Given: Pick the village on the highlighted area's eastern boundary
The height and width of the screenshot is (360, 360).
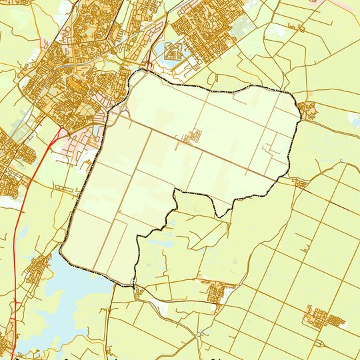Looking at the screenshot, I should [308, 110].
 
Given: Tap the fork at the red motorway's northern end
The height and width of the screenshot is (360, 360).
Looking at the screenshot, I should [62, 130].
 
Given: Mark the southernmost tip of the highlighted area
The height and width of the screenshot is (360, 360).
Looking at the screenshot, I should [133, 286].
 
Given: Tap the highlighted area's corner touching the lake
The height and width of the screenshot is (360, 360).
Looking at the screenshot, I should [62, 253].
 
